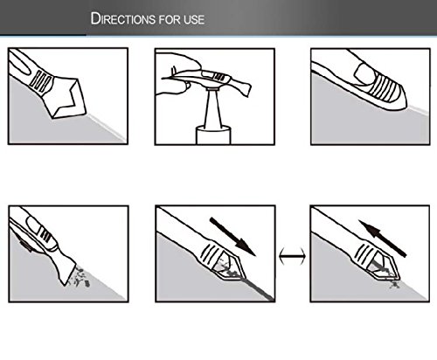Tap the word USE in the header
coord(194,19)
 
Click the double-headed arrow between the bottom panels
coord(292,256)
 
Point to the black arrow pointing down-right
coord(232,237)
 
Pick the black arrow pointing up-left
coord(382,239)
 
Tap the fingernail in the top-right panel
coord(364,73)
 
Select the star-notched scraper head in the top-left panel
coord(67,97)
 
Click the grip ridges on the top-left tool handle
coord(41,82)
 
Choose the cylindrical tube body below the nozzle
coord(213,135)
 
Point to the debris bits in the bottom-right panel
coord(393,283)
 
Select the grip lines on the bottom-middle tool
coord(209,253)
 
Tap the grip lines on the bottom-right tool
coord(364,252)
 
